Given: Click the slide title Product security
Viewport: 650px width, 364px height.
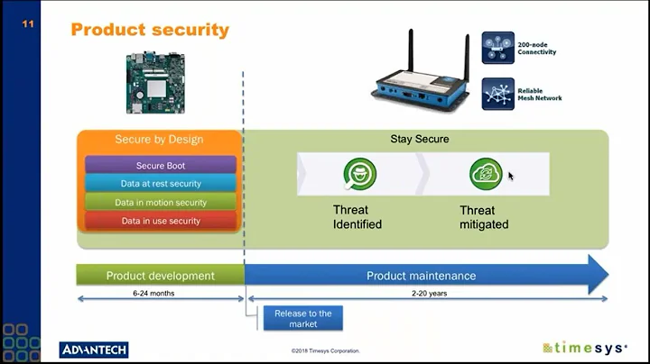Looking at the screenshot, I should click(150, 30).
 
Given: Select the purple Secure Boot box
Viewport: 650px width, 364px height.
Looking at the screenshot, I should click(161, 166).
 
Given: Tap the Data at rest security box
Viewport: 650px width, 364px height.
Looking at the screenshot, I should click(161, 184).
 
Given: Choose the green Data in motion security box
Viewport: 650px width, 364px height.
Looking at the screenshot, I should click(161, 203).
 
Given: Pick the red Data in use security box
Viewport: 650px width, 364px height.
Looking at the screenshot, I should click(161, 221).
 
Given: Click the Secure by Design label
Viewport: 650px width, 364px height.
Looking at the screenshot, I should click(159, 140).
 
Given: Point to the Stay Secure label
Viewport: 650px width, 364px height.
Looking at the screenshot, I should click(419, 140).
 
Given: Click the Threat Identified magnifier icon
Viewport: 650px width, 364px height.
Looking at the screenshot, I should click(359, 173).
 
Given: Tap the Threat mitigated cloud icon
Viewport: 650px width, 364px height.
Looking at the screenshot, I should click(485, 173).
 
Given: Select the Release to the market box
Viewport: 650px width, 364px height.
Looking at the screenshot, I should click(302, 318).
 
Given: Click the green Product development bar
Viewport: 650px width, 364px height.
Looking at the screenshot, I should click(161, 276).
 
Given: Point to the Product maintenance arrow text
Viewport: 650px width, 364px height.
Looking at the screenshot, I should click(421, 276).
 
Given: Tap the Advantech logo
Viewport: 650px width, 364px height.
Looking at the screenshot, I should click(94, 350).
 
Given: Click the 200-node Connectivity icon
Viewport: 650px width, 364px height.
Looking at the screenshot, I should click(497, 48).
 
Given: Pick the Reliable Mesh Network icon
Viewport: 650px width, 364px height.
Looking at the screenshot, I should click(497, 93).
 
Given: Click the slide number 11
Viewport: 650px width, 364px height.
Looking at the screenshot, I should click(28, 24).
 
